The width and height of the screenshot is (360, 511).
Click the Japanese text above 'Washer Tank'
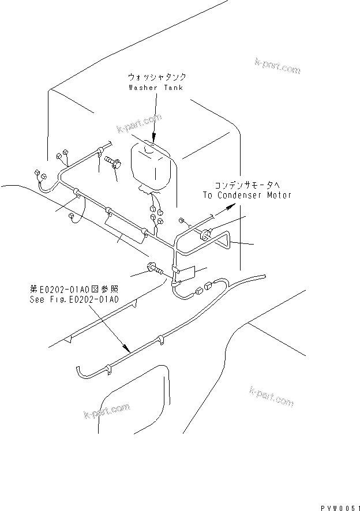coord(156,77)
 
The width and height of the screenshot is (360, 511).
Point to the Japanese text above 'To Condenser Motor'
coord(247,186)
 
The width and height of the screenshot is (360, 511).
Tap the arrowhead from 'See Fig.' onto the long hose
coord(125,348)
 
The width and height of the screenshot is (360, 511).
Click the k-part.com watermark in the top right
coord(277,66)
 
